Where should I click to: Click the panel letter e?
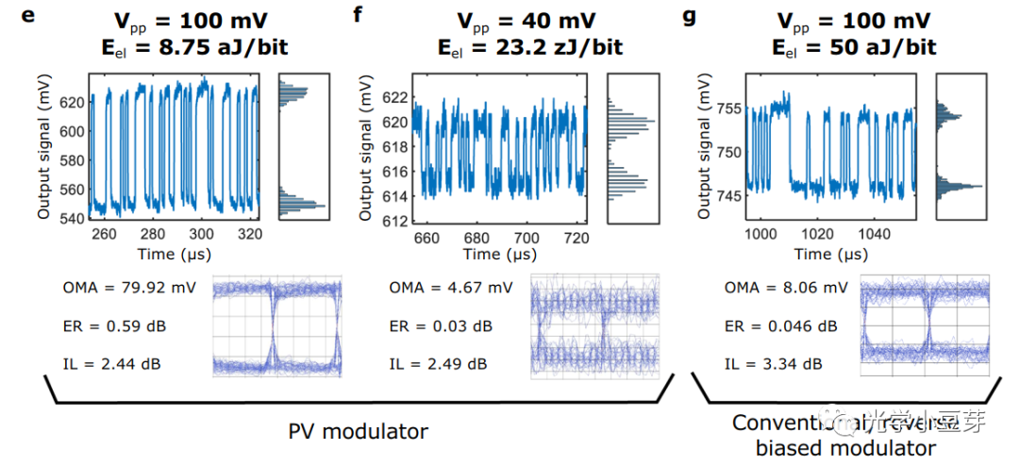(x=29, y=17)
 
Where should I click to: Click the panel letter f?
(x=358, y=17)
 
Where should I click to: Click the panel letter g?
(x=689, y=17)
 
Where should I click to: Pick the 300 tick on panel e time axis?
(x=201, y=234)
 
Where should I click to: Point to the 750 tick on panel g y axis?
(x=727, y=152)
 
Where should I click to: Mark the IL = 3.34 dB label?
(x=773, y=363)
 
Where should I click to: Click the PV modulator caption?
(x=358, y=431)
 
